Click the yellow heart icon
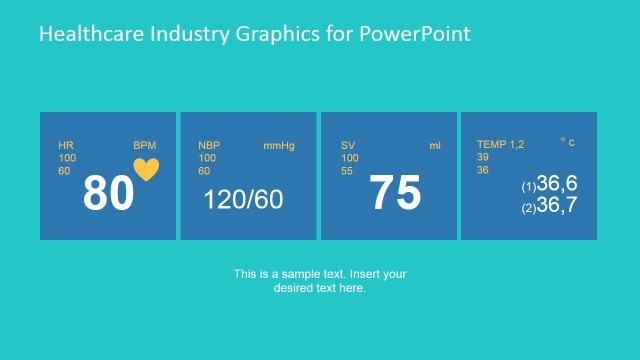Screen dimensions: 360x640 coord(146,170)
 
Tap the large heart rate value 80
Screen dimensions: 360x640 coord(108,194)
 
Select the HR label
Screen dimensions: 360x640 coord(66,146)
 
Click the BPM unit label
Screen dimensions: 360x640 coord(144,146)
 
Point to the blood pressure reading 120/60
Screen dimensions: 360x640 coord(243,199)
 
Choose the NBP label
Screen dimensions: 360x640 coord(208,146)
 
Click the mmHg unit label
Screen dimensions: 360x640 coord(279,146)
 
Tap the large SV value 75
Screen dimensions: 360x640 coord(395,193)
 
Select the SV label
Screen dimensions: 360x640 coord(348,146)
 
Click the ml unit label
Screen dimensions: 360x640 coord(435,146)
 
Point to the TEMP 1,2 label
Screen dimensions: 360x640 coord(500,145)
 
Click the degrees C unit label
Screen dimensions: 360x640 coord(567,143)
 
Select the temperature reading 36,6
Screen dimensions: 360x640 coord(556,184)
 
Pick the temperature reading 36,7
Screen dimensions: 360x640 coord(556,206)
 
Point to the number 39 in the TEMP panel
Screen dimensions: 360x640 coord(483,157)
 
